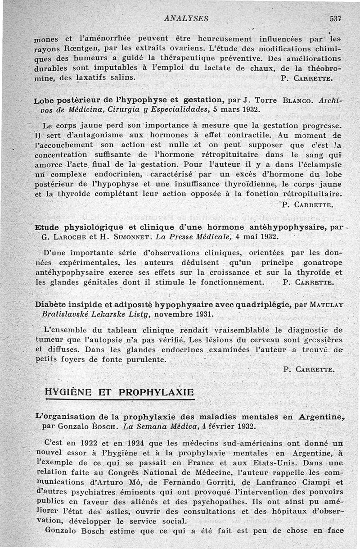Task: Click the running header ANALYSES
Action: (186, 18)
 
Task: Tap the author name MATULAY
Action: (325, 305)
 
